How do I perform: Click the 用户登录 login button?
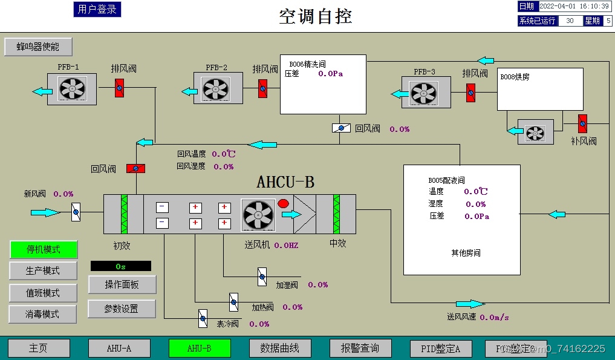click(x=97, y=9)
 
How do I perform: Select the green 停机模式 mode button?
click(x=43, y=249)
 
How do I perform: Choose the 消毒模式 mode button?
click(x=43, y=314)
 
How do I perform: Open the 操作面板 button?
click(x=122, y=284)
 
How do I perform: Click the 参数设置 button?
click(x=122, y=309)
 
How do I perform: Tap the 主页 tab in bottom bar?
click(x=39, y=348)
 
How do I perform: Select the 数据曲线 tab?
click(x=280, y=348)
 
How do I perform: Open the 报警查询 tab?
click(x=360, y=348)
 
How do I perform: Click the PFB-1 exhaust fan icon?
click(x=72, y=90)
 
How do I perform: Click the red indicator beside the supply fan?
click(x=282, y=204)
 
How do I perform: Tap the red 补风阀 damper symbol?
click(x=582, y=123)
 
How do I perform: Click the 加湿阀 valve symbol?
click(x=262, y=277)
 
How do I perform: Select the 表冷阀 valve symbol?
click(x=203, y=317)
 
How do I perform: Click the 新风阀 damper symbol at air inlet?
click(x=76, y=213)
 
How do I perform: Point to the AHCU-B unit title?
click(x=285, y=182)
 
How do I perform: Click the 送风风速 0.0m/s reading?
click(x=494, y=316)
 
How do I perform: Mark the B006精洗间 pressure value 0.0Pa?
click(x=330, y=74)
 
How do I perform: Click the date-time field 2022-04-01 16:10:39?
click(x=574, y=6)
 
